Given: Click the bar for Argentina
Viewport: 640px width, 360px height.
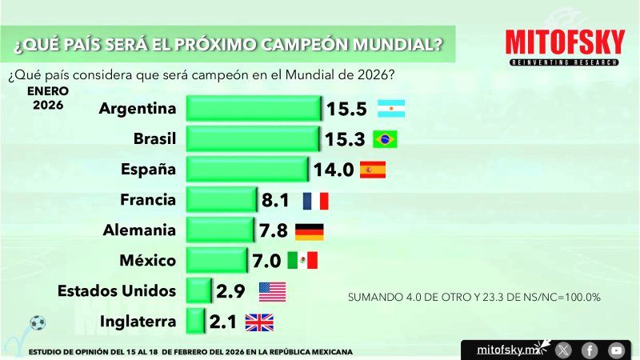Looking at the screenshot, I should pos(253,109).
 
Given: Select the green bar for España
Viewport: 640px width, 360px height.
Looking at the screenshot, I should pos(246,169).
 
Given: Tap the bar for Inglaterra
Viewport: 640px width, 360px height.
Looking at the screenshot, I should pos(194,322).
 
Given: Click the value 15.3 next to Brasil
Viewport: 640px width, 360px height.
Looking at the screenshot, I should pos(345,139).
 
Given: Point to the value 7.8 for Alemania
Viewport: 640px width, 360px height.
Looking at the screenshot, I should pos(274,230).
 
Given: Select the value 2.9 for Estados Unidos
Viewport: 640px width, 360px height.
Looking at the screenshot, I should pos(231,291).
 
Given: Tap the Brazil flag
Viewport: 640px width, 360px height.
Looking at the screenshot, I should pos(385,139).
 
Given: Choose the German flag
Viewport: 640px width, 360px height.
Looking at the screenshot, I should pos(310,230).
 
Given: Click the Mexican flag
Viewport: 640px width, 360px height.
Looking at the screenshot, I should pos(302,261).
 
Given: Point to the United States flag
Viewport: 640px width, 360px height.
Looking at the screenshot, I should pos(272,291).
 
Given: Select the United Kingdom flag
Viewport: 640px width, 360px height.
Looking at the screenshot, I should pos(258,322).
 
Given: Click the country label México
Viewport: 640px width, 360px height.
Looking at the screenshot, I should pos(146,261).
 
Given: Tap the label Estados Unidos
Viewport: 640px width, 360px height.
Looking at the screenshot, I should pos(117,291).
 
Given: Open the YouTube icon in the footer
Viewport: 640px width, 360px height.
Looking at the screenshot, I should pos(615,350).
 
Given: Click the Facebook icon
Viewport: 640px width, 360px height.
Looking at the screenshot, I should pos(589,350).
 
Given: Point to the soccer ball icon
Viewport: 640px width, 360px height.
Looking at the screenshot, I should pos(38,323).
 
